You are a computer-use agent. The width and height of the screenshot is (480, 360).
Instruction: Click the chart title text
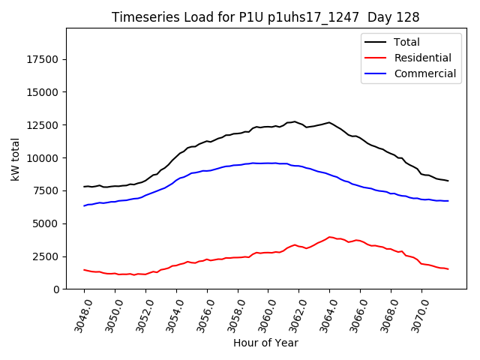[265, 16]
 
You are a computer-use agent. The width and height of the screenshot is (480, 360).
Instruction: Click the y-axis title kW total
[16, 158]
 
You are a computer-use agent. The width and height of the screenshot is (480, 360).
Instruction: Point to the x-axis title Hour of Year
[265, 343]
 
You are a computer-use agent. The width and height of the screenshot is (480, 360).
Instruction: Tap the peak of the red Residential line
[329, 237]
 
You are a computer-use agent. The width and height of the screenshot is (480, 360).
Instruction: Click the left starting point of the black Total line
[84, 187]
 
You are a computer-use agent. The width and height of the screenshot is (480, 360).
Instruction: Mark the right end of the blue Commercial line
[448, 201]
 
